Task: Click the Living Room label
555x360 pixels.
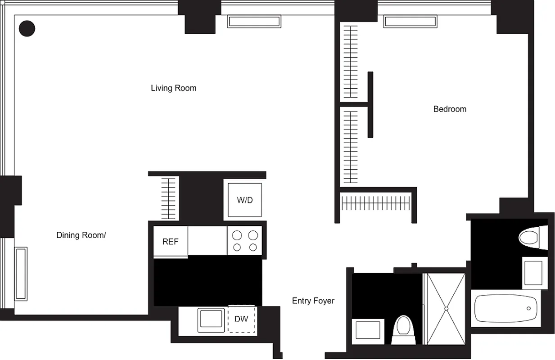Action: (173, 88)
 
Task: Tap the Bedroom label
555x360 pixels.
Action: (450, 109)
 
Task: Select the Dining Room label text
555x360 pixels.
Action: (81, 235)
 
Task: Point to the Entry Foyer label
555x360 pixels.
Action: (313, 301)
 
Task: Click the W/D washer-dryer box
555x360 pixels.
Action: (245, 200)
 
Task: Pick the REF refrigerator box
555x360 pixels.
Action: (170, 242)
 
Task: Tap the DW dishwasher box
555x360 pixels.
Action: (241, 319)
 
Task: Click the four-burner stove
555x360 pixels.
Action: (244, 241)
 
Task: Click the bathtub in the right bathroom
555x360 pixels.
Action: (506, 308)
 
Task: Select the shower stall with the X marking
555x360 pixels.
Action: (446, 308)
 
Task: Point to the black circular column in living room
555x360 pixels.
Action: (27, 28)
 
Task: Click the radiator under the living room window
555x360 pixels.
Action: (254, 21)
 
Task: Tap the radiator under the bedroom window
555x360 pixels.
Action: (410, 21)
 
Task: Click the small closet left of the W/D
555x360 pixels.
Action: (168, 198)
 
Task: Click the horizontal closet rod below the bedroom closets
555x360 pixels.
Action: (376, 203)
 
